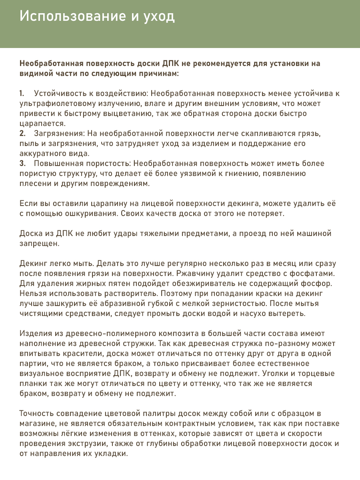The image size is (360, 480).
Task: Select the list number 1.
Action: pos(22,94)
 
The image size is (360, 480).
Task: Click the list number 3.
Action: pos(22,164)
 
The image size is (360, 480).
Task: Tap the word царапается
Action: pos(42,123)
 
